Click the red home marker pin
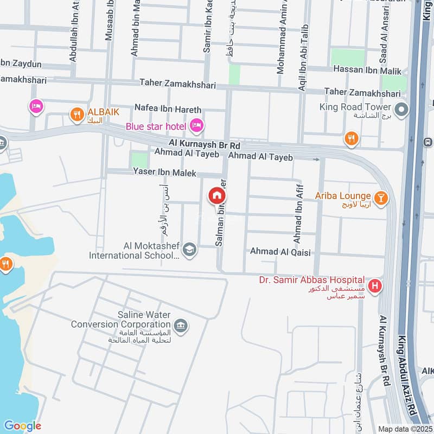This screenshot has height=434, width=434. point(216,195)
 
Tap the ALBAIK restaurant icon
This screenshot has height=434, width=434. point(77,114)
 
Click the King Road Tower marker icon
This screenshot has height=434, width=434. point(401,111)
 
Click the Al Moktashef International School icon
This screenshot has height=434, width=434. point(189,248)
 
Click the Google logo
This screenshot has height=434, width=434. point(22,426)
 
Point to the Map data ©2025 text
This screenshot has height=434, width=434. point(405,429)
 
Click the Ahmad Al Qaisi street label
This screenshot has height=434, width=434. point(279,251)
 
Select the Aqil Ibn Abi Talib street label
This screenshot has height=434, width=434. point(302,57)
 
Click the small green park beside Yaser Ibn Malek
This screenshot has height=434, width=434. point(139,160)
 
